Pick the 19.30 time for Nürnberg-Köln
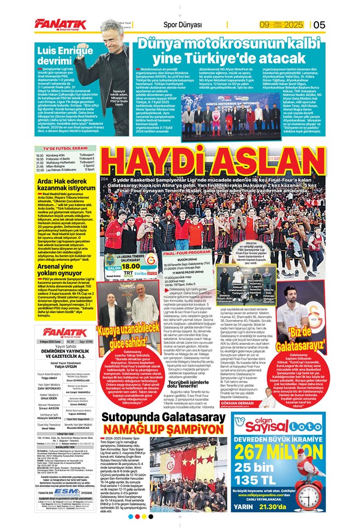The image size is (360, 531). coord(40,155)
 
